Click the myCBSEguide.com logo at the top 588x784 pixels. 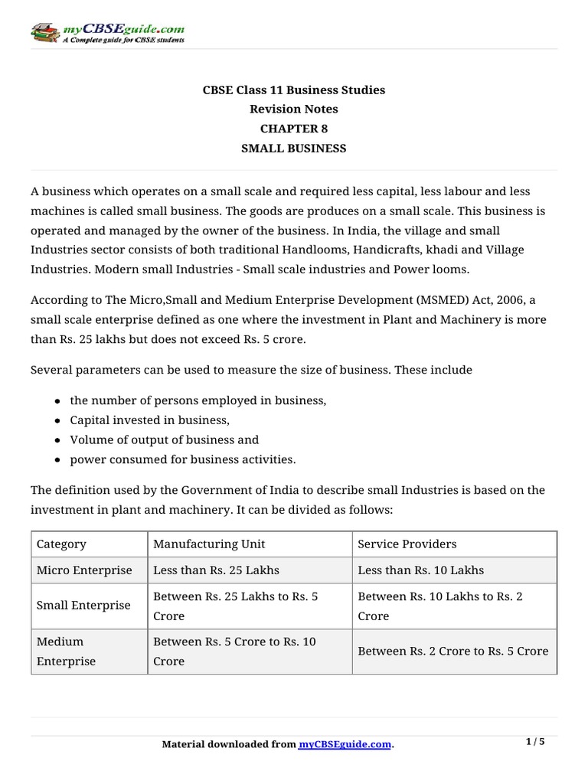[107, 33]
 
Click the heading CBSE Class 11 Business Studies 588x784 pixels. [294, 90]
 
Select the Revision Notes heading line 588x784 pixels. [294, 109]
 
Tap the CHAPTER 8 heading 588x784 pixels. [294, 129]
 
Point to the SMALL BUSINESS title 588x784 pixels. [294, 149]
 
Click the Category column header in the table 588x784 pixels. [61, 544]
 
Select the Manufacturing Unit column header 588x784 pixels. [209, 544]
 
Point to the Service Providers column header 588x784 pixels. [407, 544]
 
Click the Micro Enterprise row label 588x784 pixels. [84, 570]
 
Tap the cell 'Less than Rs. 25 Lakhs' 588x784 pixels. [217, 570]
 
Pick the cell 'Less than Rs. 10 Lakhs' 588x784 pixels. [421, 570]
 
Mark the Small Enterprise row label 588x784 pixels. [83, 605]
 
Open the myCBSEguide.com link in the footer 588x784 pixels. [345, 745]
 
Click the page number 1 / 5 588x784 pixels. [536, 742]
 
